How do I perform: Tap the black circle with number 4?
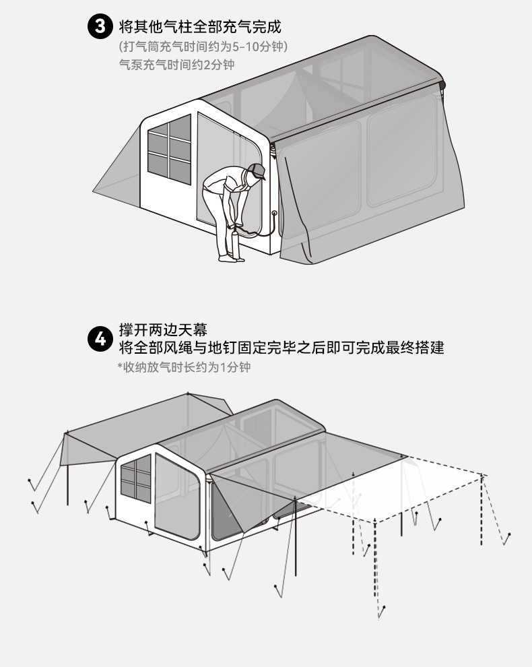coord(100,338)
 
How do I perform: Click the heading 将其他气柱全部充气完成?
coord(199,28)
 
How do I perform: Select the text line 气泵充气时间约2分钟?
coord(176,65)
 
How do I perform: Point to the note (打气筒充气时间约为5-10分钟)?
coord(203,47)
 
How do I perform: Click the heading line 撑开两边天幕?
coord(163,330)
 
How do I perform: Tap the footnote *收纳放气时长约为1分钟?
coord(184,368)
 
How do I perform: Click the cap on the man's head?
coord(257,170)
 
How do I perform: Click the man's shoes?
coord(229,258)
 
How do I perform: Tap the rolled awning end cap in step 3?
coord(442,84)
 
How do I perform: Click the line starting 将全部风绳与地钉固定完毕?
coord(281,348)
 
